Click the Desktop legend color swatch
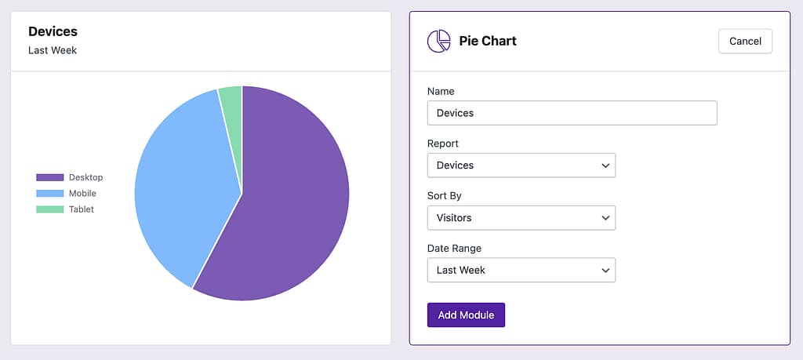(49, 177)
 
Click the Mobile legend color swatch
(49, 194)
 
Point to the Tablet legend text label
(81, 209)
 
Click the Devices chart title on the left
(53, 32)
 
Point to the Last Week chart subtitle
(53, 51)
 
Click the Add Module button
(466, 315)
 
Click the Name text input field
(572, 113)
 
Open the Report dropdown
(521, 165)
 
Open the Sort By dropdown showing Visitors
(521, 218)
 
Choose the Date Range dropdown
(521, 270)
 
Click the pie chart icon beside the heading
(438, 41)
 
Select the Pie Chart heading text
(488, 41)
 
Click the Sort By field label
(444, 196)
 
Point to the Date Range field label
(454, 249)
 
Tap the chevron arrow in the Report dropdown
(605, 165)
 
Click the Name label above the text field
(441, 92)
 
